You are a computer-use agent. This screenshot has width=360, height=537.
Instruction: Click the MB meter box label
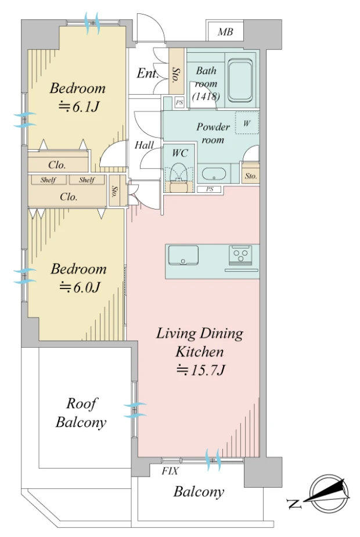tap(225, 32)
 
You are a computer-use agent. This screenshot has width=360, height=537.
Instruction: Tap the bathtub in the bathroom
tap(240, 81)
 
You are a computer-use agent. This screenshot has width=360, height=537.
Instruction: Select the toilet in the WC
tap(178, 175)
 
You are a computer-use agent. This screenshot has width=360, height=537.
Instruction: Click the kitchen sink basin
tap(183, 255)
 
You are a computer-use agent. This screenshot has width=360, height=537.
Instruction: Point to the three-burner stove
tap(240, 255)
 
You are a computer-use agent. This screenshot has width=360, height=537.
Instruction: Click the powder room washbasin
tap(214, 174)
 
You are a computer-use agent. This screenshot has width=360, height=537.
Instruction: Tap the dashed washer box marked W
tap(247, 123)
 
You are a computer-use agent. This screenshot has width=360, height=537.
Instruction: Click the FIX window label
tap(170, 471)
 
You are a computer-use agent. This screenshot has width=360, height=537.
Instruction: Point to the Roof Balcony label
tap(81, 413)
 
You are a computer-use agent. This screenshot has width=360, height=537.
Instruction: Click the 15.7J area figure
tap(201, 370)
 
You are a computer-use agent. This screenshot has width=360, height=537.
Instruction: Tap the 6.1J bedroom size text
tap(79, 107)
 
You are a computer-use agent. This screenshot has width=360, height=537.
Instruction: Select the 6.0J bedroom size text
tap(80, 287)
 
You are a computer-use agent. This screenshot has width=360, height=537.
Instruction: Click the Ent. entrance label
tap(147, 73)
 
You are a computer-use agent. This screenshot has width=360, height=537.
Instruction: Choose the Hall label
tap(144, 145)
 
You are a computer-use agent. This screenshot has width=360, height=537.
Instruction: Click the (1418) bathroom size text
tap(206, 96)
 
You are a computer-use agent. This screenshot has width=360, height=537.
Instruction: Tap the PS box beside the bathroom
tap(179, 102)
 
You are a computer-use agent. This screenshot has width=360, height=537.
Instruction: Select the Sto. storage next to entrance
tap(177, 71)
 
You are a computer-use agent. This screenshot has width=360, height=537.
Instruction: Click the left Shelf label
tap(48, 180)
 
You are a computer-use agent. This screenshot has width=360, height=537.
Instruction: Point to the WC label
tap(180, 153)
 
